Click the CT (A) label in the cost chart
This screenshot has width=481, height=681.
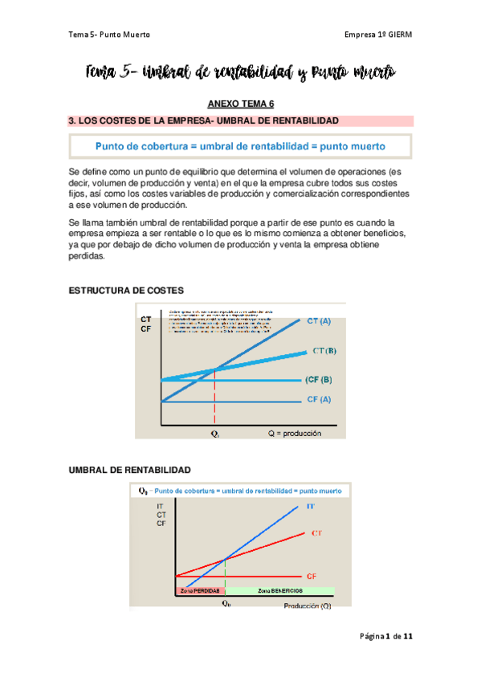coord(319,321)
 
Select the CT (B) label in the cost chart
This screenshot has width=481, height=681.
coord(324,351)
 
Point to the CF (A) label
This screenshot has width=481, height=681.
coord(319,399)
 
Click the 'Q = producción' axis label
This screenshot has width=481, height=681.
coord(295,433)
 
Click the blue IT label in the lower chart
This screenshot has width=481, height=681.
coord(310,507)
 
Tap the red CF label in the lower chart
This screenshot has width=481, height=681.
coord(312,576)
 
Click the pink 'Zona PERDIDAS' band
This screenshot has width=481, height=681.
coord(199,590)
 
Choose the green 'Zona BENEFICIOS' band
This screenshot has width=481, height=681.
coord(279,590)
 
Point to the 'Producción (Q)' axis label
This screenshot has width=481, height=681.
coord(305,606)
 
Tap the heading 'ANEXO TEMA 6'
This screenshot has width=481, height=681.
coord(241,104)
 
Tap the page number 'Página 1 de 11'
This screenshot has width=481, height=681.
coord(386,636)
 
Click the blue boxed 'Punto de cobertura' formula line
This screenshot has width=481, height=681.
coord(240,147)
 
